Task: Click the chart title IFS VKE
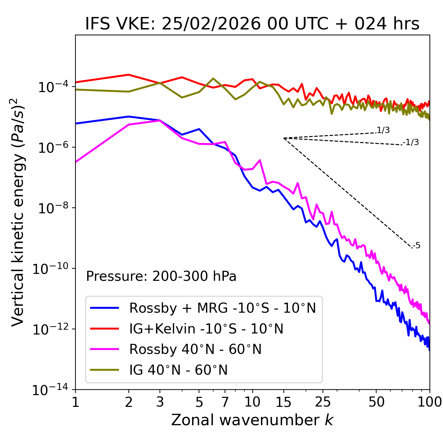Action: click(x=252, y=24)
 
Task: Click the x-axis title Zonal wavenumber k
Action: click(x=252, y=420)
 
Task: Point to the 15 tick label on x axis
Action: click(x=283, y=402)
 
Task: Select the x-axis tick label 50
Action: click(x=376, y=402)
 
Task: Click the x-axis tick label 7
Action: click(x=225, y=402)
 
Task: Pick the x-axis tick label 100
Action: click(x=430, y=402)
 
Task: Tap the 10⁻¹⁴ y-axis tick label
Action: click(x=52, y=390)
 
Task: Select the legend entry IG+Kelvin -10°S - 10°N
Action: click(x=206, y=329)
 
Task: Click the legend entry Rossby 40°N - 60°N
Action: click(x=195, y=349)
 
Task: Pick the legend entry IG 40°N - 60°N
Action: click(x=178, y=370)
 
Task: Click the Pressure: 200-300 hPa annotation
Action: click(x=161, y=276)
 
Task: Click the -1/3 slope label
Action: click(x=411, y=142)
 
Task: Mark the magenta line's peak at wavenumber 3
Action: click(x=160, y=121)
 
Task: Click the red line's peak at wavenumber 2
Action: click(x=129, y=75)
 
